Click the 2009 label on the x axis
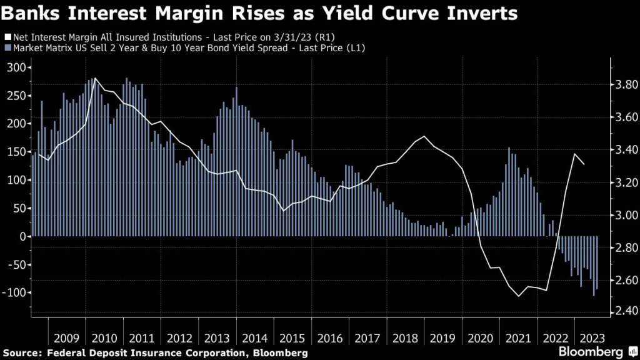click(x=66, y=338)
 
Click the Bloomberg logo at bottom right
click(x=595, y=352)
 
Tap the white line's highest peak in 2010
click(x=94, y=79)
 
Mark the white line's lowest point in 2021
click(x=519, y=296)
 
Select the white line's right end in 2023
click(x=584, y=164)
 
